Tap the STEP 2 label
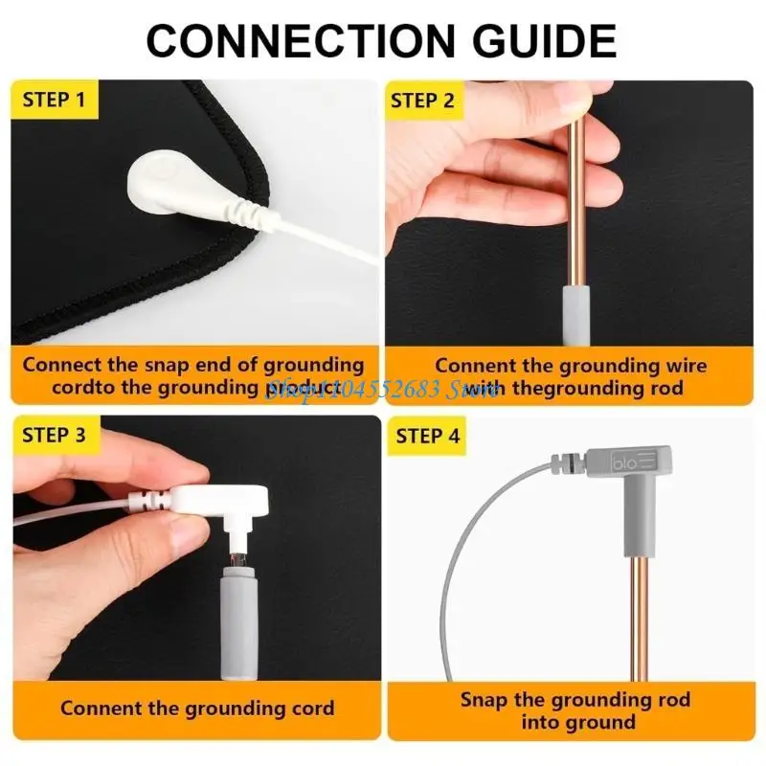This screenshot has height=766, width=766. coord(422,100)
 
